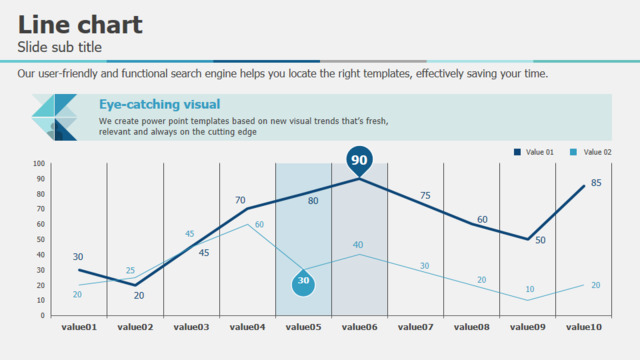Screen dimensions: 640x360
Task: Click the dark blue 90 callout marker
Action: coord(359,160)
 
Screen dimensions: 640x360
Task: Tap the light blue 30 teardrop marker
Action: coord(303,282)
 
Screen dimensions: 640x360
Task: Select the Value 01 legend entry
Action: coord(534,152)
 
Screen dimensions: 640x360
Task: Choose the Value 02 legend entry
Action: coord(590,152)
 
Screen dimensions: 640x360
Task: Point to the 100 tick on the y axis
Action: coord(39,163)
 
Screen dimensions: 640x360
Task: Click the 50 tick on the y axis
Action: coord(40,239)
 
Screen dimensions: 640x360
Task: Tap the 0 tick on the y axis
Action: coord(42,315)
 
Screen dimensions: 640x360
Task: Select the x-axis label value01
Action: coord(79,327)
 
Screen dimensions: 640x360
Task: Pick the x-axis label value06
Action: coord(360,327)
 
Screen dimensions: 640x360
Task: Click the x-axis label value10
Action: coord(584,327)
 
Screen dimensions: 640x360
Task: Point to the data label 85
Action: coord(596,183)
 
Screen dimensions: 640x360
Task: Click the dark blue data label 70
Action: coord(240,200)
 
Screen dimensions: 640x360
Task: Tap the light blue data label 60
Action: coord(259,224)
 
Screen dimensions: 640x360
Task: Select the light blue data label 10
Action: coord(530,289)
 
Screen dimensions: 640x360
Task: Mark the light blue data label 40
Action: coord(358,244)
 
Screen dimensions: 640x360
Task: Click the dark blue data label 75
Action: coord(425,196)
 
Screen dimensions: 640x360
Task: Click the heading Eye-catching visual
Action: coord(160,104)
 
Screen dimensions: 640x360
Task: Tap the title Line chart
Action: coord(80,24)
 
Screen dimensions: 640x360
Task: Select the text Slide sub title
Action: coord(60,47)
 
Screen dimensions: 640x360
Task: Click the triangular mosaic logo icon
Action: coord(54,117)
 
